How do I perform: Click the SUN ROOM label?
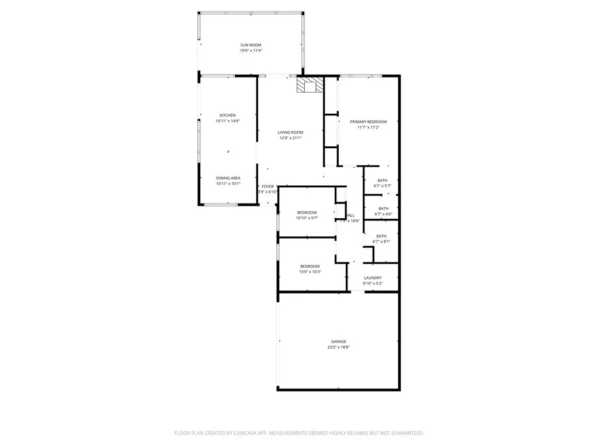pyautogui.click(x=251, y=45)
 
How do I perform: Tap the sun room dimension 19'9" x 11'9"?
pyautogui.click(x=251, y=51)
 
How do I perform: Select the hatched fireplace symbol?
pyautogui.click(x=309, y=86)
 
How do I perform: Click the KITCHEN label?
pyautogui.click(x=228, y=115)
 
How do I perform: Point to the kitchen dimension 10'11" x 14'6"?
pyautogui.click(x=228, y=121)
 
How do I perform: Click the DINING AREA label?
pyautogui.click(x=228, y=178)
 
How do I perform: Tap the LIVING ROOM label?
pyautogui.click(x=290, y=132)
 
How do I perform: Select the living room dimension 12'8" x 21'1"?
pyautogui.click(x=290, y=138)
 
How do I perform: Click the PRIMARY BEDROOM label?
pyautogui.click(x=368, y=122)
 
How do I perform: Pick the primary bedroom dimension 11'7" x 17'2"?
pyautogui.click(x=368, y=128)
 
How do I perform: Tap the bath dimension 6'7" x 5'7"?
pyautogui.click(x=382, y=186)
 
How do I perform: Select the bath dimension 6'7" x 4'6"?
pyautogui.click(x=383, y=214)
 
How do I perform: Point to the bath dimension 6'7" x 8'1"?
pyautogui.click(x=381, y=242)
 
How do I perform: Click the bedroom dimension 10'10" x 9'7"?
pyautogui.click(x=307, y=218)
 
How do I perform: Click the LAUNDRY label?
pyautogui.click(x=373, y=278)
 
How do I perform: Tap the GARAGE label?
pyautogui.click(x=339, y=341)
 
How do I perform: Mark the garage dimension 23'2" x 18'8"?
pyautogui.click(x=339, y=347)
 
